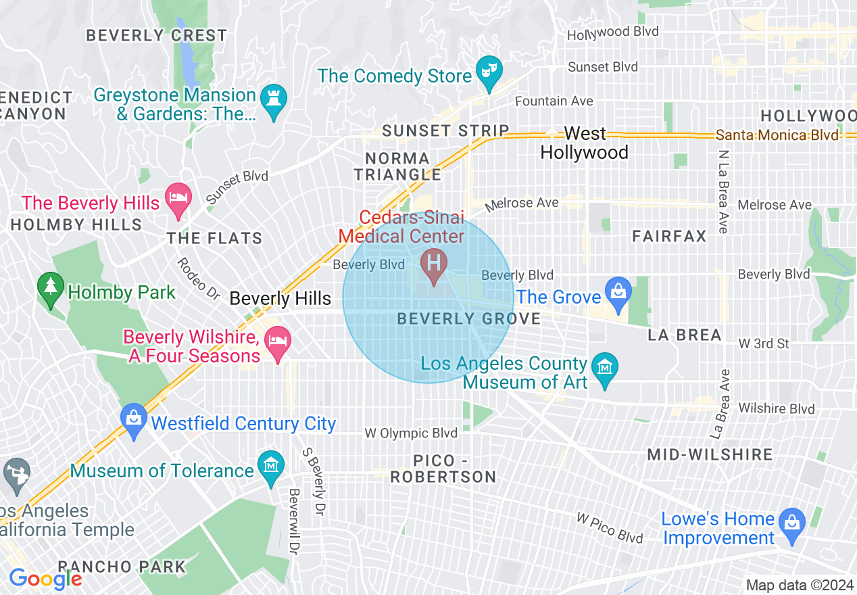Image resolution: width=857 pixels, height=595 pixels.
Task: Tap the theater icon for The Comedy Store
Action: tap(487, 71)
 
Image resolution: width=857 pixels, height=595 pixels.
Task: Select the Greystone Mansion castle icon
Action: tap(274, 99)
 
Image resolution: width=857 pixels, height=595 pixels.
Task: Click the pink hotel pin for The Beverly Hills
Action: tap(178, 198)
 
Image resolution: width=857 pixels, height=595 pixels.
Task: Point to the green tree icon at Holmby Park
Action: tap(50, 287)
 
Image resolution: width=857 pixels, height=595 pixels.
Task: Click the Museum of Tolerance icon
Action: tap(271, 466)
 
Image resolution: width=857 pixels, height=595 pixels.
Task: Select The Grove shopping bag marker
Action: tap(618, 292)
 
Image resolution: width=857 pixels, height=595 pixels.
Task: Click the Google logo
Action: tap(45, 579)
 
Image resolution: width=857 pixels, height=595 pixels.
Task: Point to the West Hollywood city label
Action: tap(585, 143)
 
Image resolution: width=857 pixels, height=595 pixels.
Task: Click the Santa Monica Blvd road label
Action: tap(777, 135)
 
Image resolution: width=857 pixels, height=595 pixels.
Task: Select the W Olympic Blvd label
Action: tap(411, 433)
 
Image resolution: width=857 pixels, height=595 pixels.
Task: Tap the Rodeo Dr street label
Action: tap(199, 279)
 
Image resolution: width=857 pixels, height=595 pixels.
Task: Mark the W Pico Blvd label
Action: tap(609, 528)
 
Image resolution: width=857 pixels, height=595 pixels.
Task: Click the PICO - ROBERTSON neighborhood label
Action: tap(444, 469)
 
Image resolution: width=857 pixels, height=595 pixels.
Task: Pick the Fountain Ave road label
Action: tap(554, 101)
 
